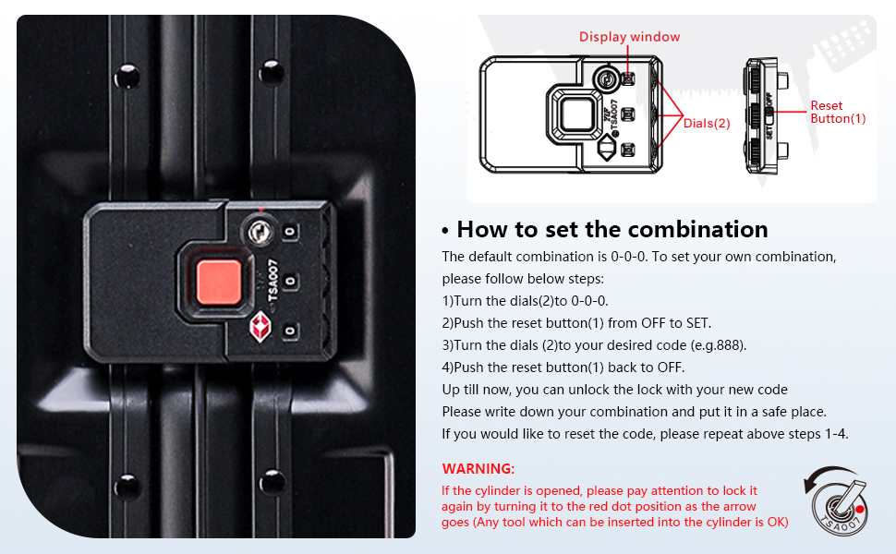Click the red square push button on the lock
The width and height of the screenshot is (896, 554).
[218, 282]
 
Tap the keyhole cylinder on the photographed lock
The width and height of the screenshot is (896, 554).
[260, 232]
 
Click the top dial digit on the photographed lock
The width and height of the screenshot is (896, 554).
[290, 232]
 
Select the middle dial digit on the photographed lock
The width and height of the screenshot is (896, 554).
[290, 281]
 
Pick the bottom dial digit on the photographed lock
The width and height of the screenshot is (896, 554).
[290, 331]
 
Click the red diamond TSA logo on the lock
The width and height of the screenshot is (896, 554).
[260, 327]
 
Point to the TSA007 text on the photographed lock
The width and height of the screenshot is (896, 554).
[273, 280]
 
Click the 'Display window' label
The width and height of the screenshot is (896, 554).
[629, 37]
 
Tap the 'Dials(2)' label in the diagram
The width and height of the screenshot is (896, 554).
[707, 124]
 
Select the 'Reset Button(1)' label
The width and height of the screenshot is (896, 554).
[838, 112]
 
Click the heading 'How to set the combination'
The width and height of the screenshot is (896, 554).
[612, 230]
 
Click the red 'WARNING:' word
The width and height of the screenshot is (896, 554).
[478, 469]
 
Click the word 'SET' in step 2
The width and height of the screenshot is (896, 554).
[697, 323]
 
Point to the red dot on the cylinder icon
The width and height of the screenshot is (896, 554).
[859, 509]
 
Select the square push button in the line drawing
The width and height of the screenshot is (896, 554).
[577, 114]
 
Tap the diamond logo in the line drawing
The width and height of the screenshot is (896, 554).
[606, 149]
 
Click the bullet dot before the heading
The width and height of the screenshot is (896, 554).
[445, 232]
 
